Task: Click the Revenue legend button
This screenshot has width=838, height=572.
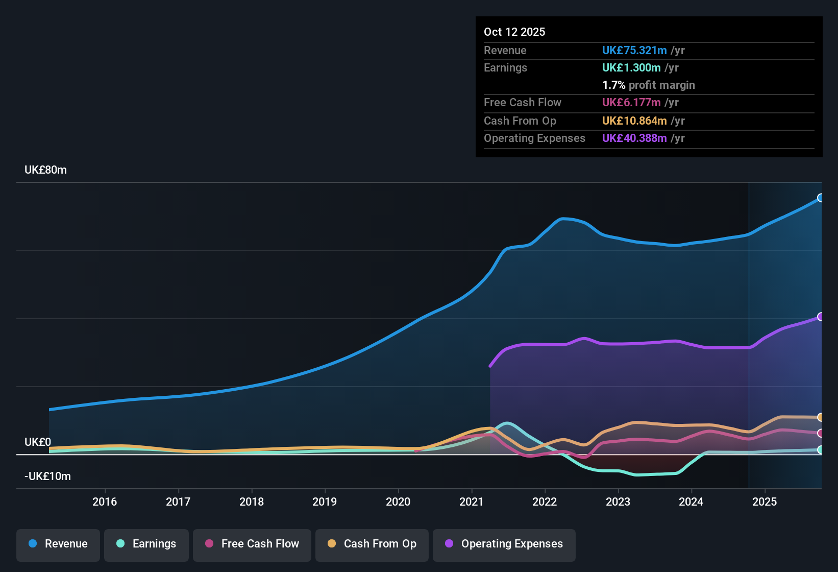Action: [58, 544]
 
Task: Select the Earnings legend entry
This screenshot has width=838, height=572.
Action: [146, 544]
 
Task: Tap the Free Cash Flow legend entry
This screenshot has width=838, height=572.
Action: [252, 544]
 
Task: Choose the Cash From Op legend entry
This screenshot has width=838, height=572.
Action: [372, 544]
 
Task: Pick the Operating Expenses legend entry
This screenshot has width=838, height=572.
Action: [504, 544]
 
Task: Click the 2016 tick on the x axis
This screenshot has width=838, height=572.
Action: [105, 502]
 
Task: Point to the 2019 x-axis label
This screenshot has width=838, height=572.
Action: [325, 502]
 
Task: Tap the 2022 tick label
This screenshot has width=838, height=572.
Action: [545, 502]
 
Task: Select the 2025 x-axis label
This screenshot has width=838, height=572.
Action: [765, 502]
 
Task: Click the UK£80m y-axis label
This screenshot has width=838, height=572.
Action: [45, 170]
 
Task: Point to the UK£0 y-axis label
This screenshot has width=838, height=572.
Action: [38, 442]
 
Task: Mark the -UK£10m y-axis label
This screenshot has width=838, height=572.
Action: [47, 476]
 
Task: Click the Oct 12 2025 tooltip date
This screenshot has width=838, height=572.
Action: [514, 32]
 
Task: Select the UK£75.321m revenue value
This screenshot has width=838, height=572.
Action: [634, 51]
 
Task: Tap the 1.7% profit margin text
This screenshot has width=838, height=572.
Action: [649, 85]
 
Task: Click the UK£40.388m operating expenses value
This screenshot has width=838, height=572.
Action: [634, 138]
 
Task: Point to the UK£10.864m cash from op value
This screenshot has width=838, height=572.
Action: [634, 121]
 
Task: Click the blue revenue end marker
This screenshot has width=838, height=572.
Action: [820, 198]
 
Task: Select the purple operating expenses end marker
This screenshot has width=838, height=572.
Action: [820, 317]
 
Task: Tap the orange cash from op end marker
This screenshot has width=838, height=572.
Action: [820, 417]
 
